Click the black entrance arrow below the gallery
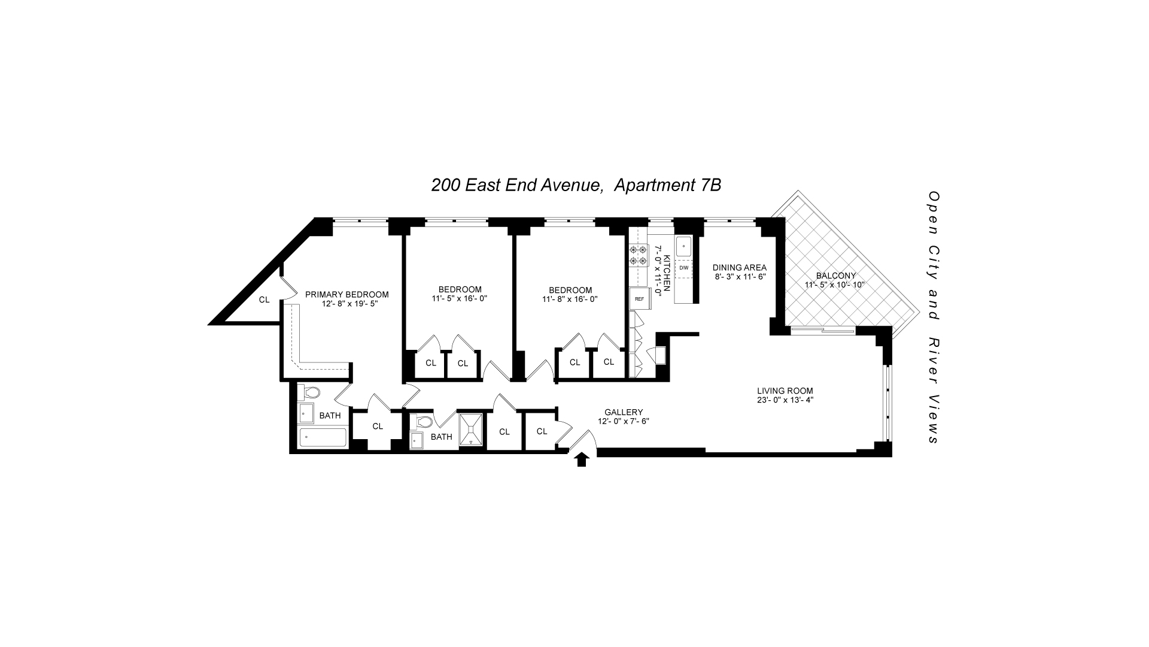pos(582,459)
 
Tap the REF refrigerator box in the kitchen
pos(639,298)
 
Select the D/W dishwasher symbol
pos(683,268)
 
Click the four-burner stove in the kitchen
pos(638,255)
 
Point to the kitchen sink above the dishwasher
pos(683,246)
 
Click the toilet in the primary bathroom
pos(309,393)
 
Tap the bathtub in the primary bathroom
pos(323,438)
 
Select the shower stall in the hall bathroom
pos(472,431)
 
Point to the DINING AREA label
pos(739,268)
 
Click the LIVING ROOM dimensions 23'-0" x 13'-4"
pos(785,400)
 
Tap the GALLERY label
pos(624,412)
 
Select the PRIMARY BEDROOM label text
pos(346,294)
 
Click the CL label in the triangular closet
pos(264,300)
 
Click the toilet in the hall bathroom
pos(423,421)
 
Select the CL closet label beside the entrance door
pos(542,431)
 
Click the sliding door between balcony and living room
pos(823,329)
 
